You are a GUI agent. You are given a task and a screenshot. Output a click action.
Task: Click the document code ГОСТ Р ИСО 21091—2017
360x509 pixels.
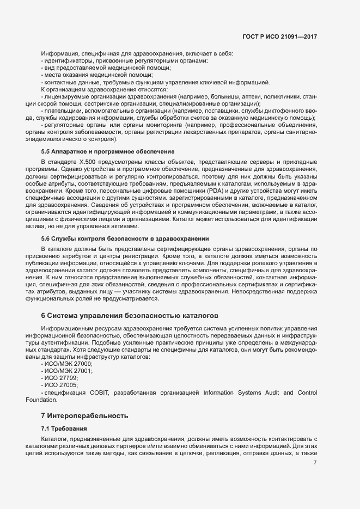[x=279, y=36]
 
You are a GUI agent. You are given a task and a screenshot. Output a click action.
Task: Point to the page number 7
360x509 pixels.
[x=315, y=463]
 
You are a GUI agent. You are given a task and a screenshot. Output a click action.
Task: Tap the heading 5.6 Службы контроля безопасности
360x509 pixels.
[x=125, y=238]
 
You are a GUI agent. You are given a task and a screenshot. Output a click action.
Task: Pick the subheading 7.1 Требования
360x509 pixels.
[x=64, y=429]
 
